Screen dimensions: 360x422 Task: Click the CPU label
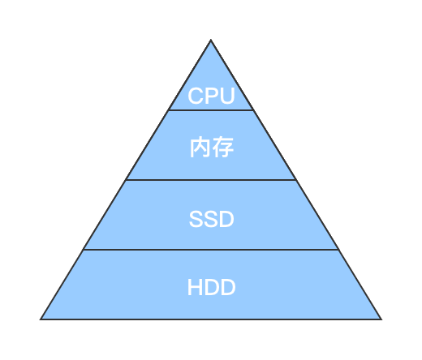pyautogui.click(x=211, y=96)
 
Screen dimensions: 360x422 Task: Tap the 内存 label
pyautogui.click(x=211, y=148)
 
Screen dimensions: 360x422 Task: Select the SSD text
pyautogui.click(x=211, y=219)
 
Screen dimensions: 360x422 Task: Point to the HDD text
pyautogui.click(x=211, y=288)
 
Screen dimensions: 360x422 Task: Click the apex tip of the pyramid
pyautogui.click(x=211, y=41)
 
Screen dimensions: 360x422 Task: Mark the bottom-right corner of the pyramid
pyautogui.click(x=380, y=319)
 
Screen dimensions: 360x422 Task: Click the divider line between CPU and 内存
pyautogui.click(x=211, y=110)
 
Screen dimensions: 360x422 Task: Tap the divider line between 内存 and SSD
pyautogui.click(x=211, y=180)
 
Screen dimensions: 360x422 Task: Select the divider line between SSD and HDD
pyautogui.click(x=211, y=250)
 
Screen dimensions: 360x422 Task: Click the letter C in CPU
pyautogui.click(x=196, y=96)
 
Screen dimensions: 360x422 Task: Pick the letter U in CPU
pyautogui.click(x=227, y=96)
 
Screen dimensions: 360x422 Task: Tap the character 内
pyautogui.click(x=200, y=148)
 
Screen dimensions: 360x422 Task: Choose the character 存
pyautogui.click(x=222, y=148)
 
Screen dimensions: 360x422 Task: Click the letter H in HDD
pyautogui.click(x=195, y=288)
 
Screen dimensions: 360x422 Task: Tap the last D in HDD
pyautogui.click(x=228, y=288)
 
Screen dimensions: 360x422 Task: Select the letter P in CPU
pyautogui.click(x=211, y=96)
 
